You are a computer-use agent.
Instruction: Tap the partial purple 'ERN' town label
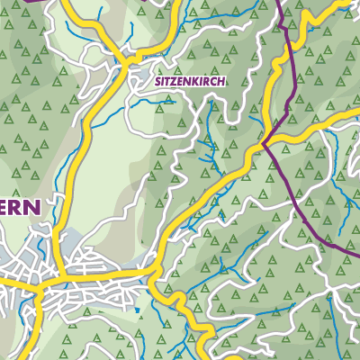tap(20, 208)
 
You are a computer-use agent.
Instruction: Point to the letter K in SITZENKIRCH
tap(196, 80)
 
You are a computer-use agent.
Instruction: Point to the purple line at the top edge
tap(280, 3)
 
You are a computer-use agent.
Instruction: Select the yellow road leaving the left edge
tap(3, 281)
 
